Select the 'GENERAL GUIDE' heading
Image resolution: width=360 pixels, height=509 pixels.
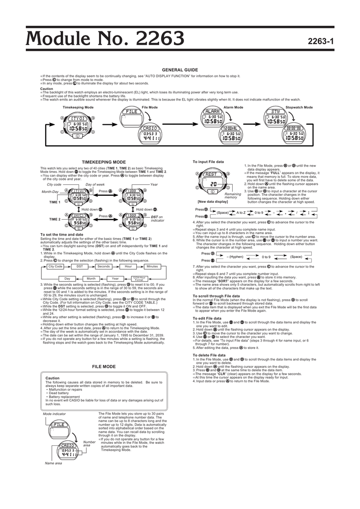point(180,70)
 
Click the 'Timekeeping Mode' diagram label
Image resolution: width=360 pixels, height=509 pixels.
point(78,107)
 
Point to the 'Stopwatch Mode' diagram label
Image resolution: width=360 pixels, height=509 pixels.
point(299,107)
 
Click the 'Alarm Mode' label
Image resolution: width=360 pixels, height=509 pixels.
point(233,107)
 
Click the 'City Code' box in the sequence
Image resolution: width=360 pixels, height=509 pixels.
point(55,266)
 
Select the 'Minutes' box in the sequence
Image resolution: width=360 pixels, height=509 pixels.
point(152,266)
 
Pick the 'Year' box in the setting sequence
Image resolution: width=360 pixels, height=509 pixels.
point(115,278)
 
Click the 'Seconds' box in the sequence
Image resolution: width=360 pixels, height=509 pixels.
point(103,266)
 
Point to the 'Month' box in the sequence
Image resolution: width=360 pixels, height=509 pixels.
point(91,278)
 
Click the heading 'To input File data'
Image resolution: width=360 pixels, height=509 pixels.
point(208,163)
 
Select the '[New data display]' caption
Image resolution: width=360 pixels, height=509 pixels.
point(212,202)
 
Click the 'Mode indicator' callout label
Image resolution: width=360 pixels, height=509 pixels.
point(55,414)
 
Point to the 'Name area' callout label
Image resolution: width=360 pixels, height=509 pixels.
point(54,463)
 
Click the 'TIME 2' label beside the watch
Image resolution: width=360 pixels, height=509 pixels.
point(55,219)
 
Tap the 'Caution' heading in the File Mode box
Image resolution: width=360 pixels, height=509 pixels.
point(52,378)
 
